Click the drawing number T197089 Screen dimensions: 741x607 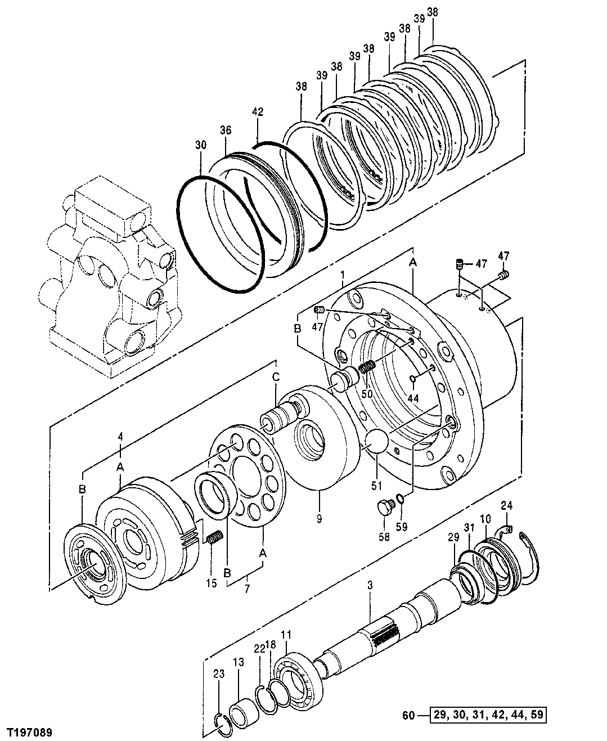[29, 732]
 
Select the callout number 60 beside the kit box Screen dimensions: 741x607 [410, 716]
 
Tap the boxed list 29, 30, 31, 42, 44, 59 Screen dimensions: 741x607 [488, 716]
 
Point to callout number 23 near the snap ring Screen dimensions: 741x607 [219, 673]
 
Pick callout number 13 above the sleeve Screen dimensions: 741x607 [239, 663]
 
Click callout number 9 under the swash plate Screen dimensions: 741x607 [319, 519]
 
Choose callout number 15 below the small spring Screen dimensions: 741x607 [211, 583]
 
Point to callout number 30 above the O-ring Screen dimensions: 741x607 [201, 145]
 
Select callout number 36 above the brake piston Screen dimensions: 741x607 [225, 131]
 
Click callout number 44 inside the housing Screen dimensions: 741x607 [413, 397]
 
